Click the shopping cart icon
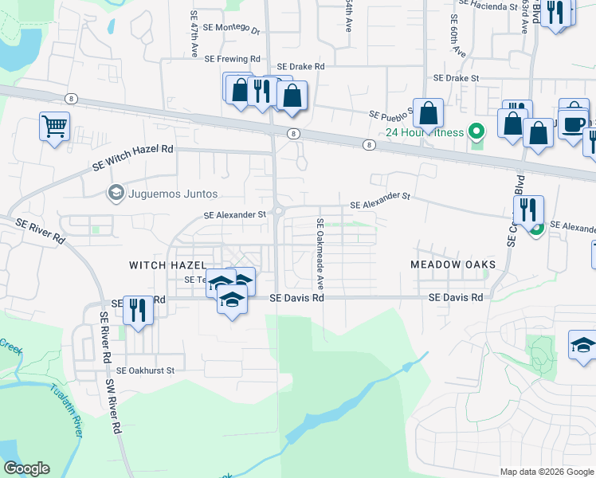click(54, 126)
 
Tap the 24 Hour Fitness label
click(425, 132)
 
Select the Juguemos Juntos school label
click(172, 193)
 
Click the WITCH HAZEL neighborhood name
click(168, 264)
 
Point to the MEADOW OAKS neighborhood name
click(453, 264)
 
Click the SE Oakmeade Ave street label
click(320, 253)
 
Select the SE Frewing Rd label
click(233, 59)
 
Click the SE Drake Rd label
click(300, 67)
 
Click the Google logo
click(26, 468)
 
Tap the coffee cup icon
click(574, 123)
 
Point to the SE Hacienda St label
click(488, 6)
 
